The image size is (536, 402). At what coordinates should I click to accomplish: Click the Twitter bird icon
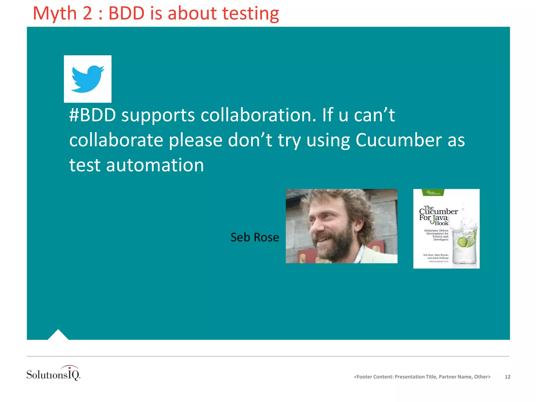pos(88,79)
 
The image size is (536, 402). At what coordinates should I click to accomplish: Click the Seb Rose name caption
pos(255,237)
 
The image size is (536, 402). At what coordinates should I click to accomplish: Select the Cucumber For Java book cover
pos(446,228)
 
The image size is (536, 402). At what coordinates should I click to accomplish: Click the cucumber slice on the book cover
pos(463,242)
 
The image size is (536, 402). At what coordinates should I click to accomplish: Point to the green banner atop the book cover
pos(433,193)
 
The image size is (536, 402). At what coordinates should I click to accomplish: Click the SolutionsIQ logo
pos(53,373)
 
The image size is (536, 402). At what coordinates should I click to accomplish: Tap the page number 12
pos(507,377)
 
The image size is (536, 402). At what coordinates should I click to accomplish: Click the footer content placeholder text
pos(422,377)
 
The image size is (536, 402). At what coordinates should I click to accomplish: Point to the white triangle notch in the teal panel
pos(58,335)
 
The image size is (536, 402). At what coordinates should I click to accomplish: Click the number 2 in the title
pos(87,13)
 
